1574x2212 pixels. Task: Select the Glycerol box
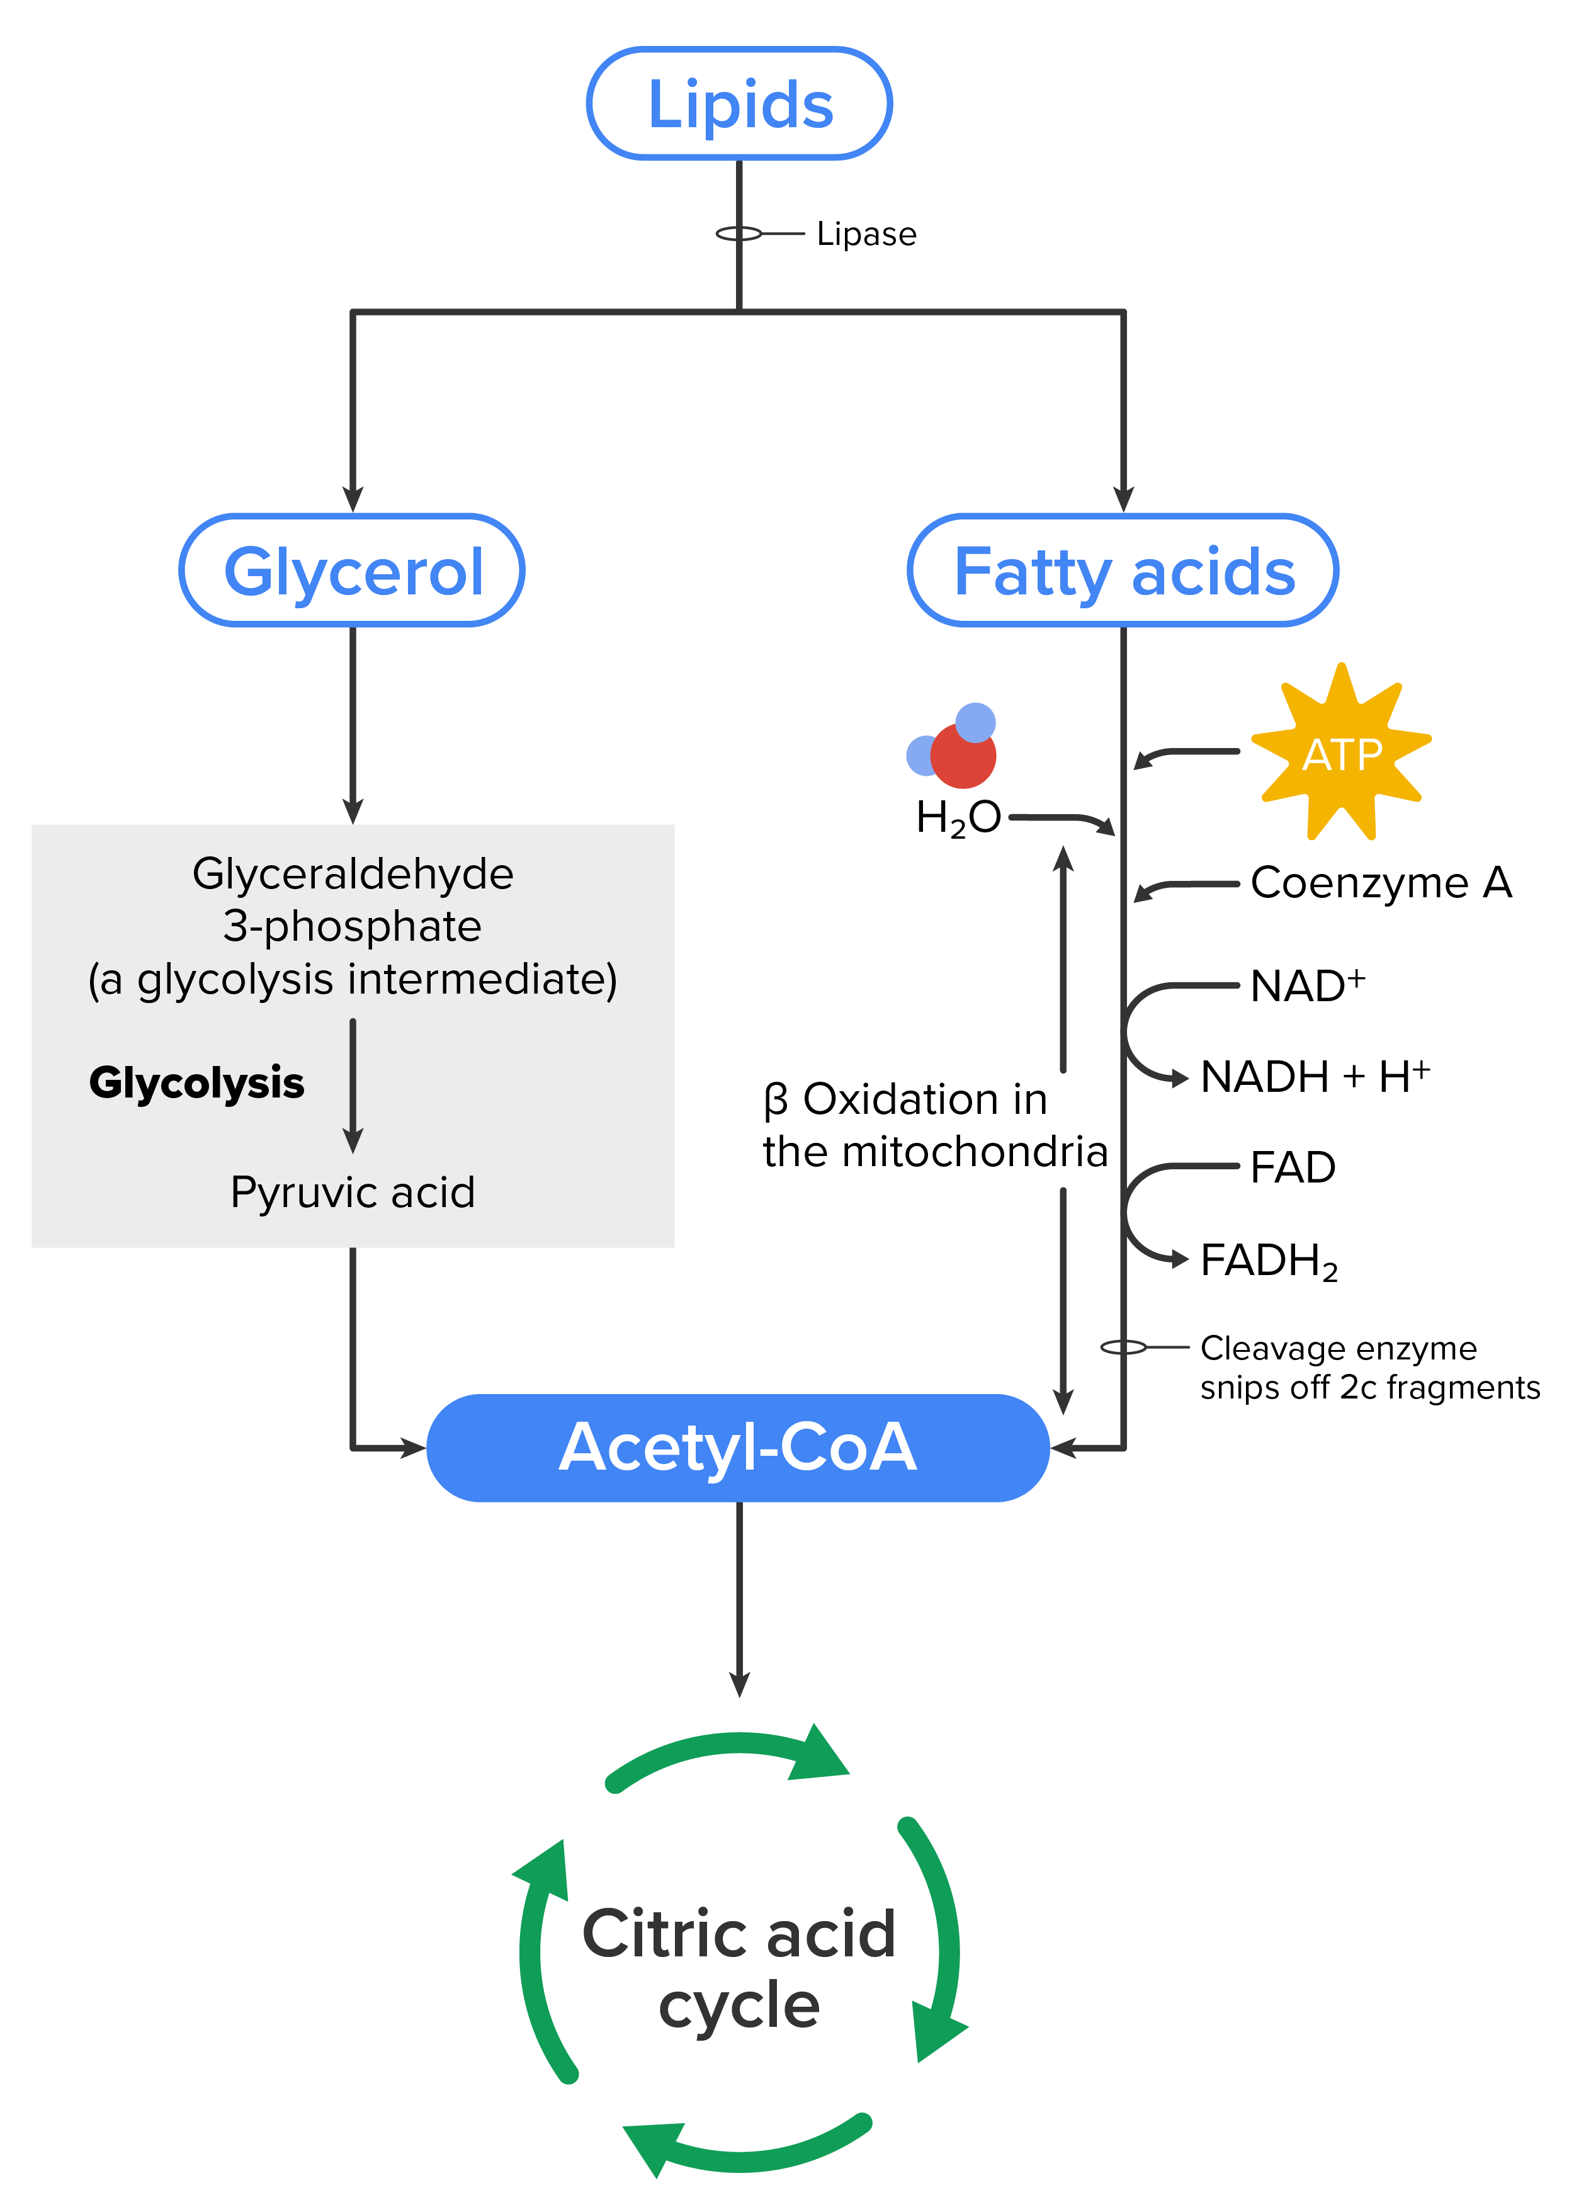pos(353,571)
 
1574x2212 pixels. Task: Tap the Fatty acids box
pos(1123,571)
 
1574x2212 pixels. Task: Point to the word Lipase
pos(866,235)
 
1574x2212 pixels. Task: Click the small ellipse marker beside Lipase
pos(739,234)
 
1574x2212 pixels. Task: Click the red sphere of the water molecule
pos(963,756)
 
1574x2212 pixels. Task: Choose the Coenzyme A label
pos(1380,883)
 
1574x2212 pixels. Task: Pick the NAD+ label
pos(1306,986)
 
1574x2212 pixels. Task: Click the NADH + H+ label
pos(1314,1077)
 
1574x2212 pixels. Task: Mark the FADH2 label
pos(1268,1261)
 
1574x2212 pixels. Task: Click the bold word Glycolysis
pos(196,1083)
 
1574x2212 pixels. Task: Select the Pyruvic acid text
pos(353,1193)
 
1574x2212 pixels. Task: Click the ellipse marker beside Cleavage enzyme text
pos(1123,1347)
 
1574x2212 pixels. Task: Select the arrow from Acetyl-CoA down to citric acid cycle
pos(740,1599)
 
